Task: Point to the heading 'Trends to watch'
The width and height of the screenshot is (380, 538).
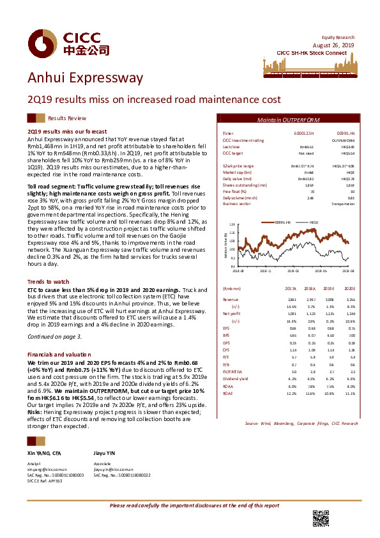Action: tap(49, 282)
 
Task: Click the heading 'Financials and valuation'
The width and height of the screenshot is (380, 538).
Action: tap(59, 354)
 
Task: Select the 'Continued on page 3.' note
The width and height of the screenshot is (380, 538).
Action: tap(55, 336)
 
